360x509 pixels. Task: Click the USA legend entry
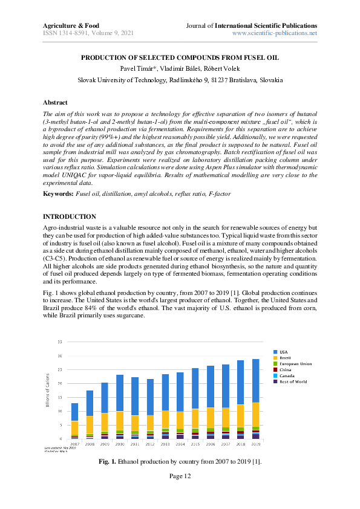coord(283,351)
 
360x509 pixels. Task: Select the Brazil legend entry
coord(284,357)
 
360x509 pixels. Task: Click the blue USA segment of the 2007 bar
coord(74,412)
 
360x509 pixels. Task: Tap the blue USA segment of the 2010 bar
coord(119,393)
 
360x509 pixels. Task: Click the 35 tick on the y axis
coord(60,342)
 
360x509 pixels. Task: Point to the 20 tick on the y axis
coord(60,383)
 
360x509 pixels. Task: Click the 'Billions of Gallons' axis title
coord(48,390)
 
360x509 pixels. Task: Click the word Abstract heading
coord(55,103)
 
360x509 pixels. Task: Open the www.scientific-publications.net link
coord(275,33)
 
